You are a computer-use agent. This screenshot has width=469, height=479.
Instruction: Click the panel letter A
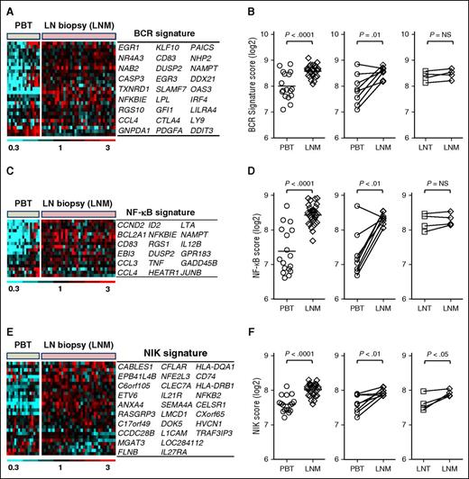coord(8,8)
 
